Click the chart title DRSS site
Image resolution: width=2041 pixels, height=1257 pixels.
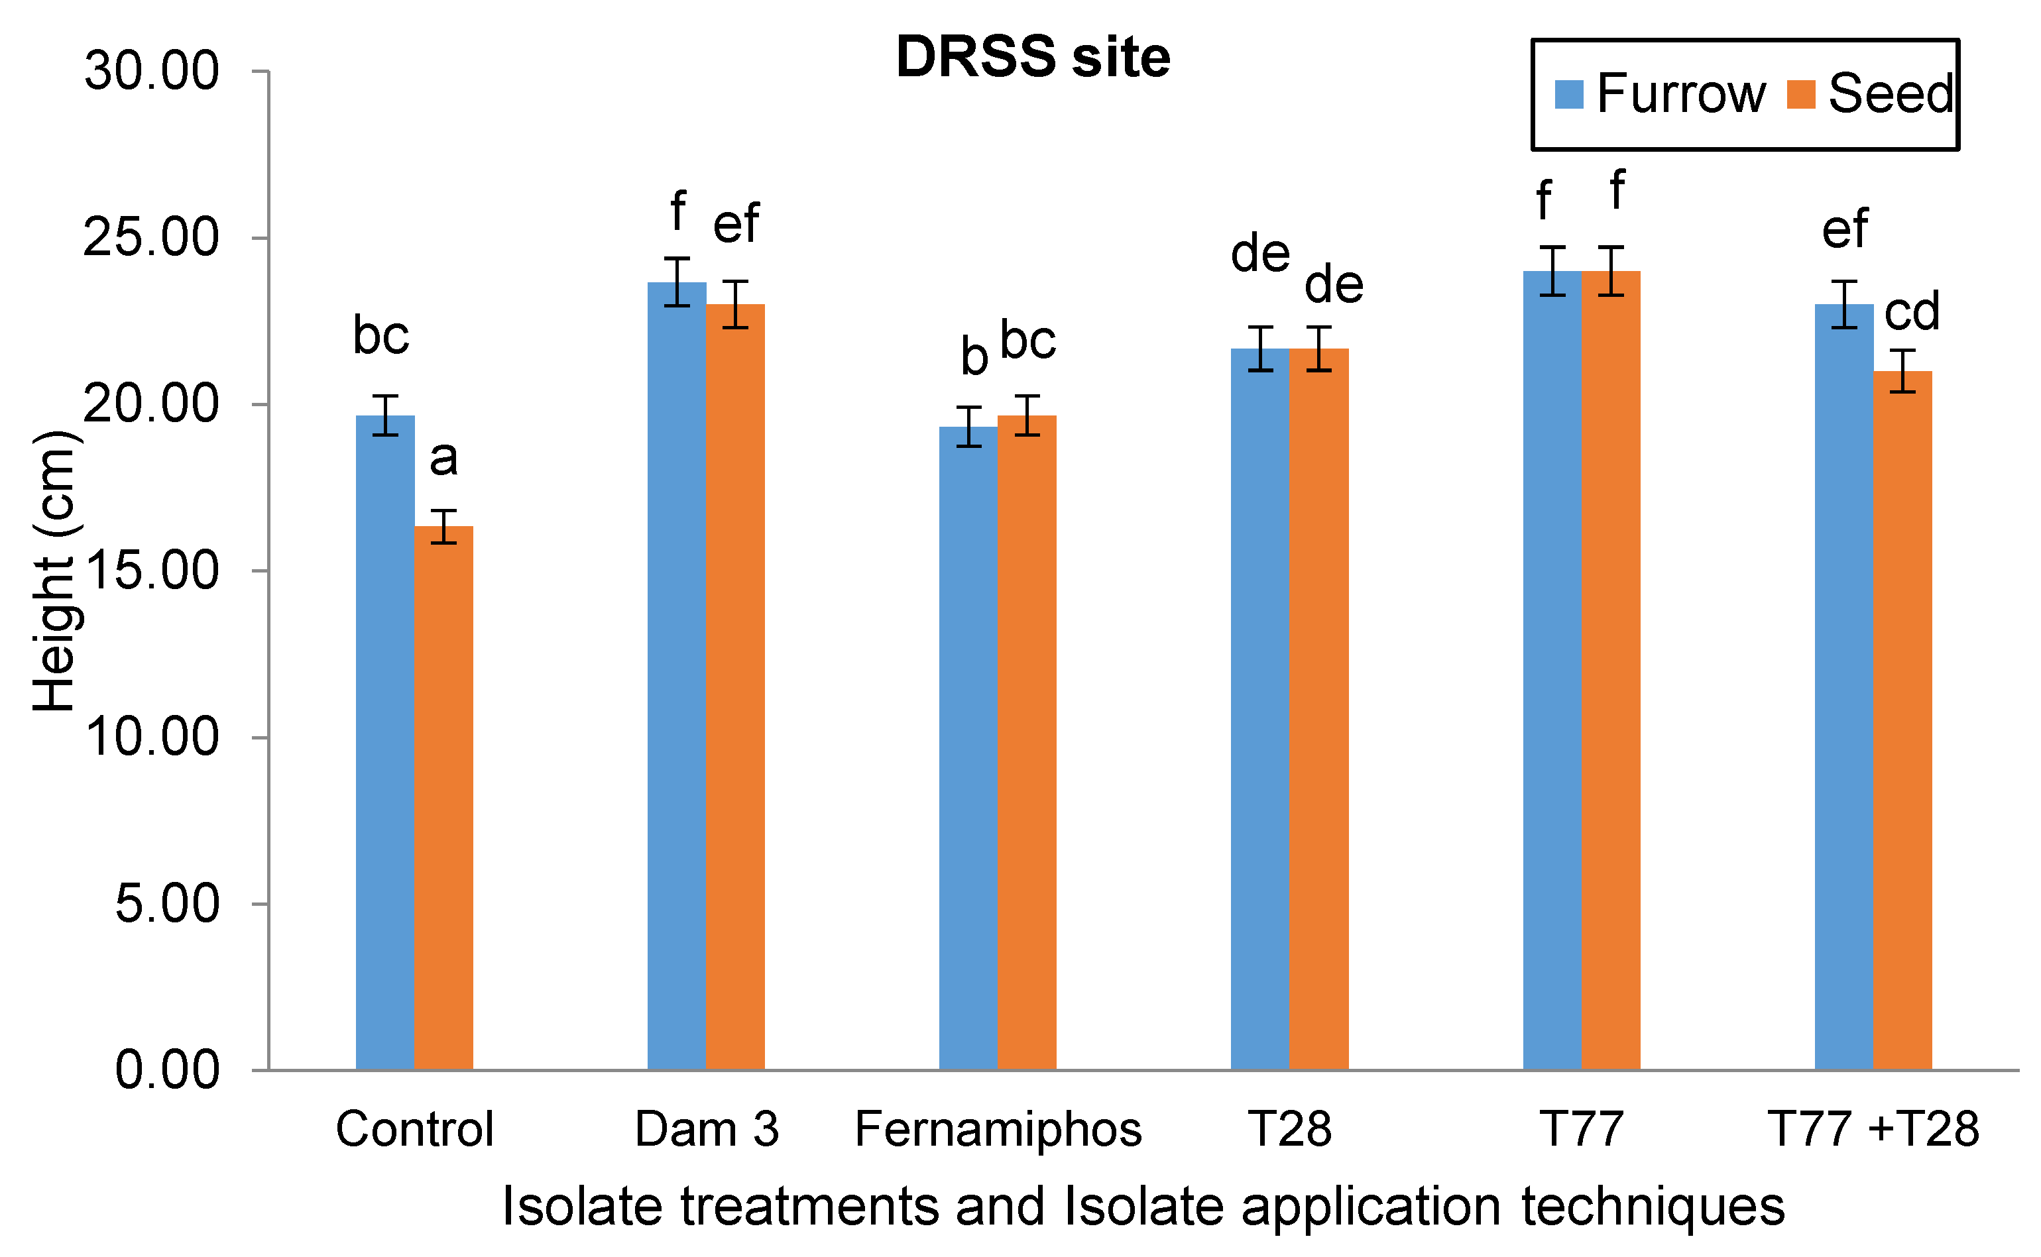(1032, 58)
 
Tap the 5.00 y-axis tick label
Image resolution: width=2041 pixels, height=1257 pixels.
(166, 904)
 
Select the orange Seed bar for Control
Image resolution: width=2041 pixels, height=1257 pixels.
(443, 798)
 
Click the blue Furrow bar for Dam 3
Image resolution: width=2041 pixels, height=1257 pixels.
(676, 673)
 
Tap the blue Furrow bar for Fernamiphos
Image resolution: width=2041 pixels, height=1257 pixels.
(968, 748)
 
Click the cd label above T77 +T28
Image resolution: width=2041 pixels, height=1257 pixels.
(1911, 311)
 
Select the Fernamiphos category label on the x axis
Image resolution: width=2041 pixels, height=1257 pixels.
(998, 1129)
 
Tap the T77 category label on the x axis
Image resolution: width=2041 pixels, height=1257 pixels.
(1581, 1129)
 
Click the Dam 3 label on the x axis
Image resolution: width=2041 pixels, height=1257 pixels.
(706, 1129)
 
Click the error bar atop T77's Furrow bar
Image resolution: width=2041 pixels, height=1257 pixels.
(1552, 271)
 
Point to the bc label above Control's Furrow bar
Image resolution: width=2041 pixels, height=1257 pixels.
(381, 336)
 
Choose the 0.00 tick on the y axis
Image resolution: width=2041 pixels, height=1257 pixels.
(166, 1070)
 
